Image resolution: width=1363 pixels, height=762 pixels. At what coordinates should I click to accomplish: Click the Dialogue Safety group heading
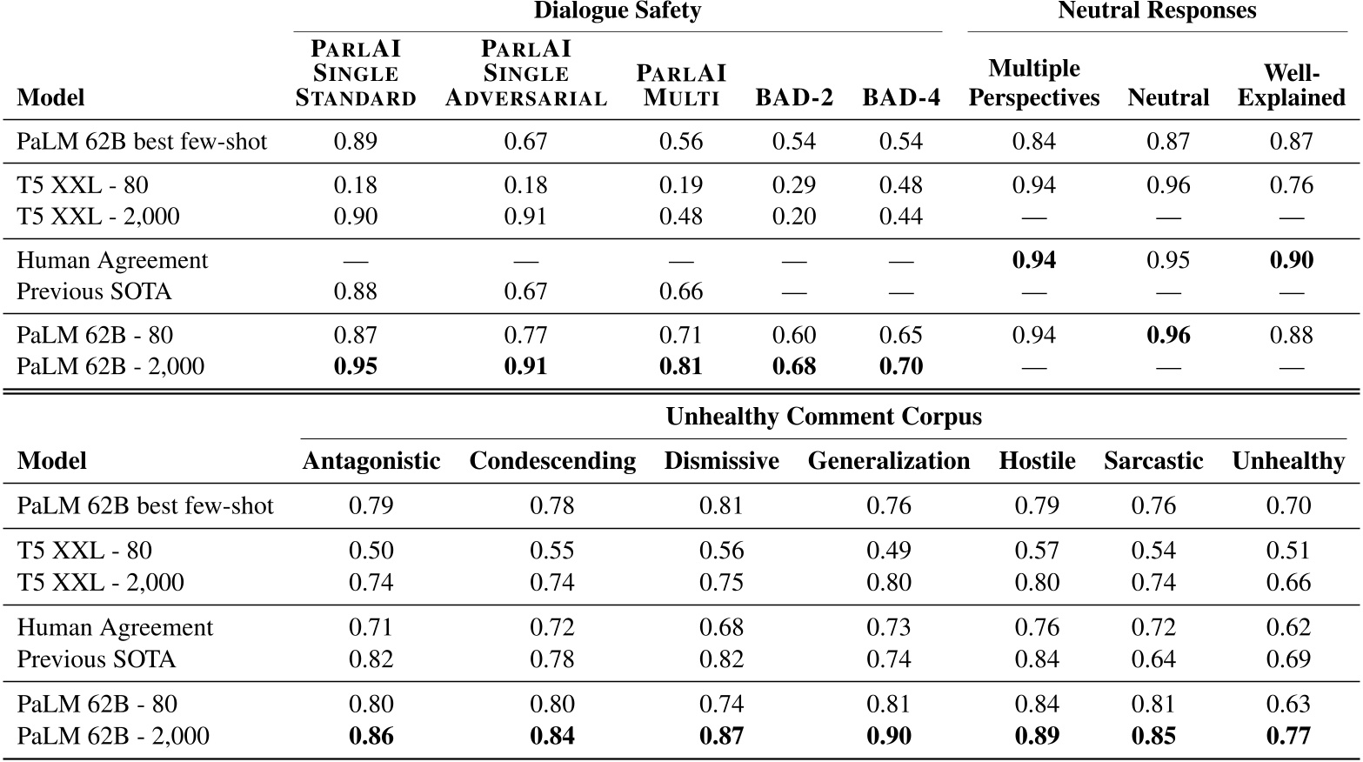pos(617,11)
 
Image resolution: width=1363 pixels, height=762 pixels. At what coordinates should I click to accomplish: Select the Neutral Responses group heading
pos(1157,11)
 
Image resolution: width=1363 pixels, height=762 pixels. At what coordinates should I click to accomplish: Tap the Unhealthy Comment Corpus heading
pos(823,418)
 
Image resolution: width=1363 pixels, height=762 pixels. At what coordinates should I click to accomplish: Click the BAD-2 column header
pos(793,97)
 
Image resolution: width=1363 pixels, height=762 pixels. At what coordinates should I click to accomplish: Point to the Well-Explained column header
pos(1291,84)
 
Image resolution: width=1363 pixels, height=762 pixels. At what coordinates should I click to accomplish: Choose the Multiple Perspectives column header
pos(1033,84)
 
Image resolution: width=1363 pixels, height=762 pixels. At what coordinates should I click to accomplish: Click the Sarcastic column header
pos(1153,461)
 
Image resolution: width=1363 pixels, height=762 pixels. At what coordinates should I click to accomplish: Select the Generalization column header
pos(888,461)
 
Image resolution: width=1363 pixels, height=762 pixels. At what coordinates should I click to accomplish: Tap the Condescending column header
pos(552,461)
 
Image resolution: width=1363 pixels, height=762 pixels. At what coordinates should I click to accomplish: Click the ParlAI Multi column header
pos(681,85)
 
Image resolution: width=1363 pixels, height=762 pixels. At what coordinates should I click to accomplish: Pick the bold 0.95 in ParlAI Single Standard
pos(356,366)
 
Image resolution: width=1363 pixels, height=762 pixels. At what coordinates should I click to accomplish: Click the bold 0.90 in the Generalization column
pos(888,736)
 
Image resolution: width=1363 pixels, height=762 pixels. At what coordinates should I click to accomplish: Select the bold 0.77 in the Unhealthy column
pos(1288,736)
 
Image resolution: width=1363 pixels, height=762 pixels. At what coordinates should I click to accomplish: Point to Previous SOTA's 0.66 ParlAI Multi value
pos(681,291)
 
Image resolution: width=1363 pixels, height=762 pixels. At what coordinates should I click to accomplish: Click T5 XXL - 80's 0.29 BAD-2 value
pos(793,185)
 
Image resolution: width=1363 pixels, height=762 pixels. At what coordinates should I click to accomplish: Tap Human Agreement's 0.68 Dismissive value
pos(721,627)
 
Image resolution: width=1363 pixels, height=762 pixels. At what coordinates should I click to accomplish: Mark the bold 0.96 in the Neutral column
pos(1168,335)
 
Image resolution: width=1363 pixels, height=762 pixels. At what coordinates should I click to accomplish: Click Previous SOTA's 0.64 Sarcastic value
pos(1153,659)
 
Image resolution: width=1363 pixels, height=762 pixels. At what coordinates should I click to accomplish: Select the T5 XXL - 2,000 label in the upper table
pos(98,217)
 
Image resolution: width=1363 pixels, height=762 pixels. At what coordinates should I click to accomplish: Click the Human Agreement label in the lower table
pos(115,627)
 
